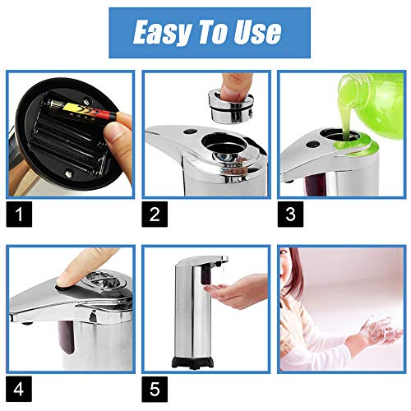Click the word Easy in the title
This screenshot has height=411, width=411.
[161, 32]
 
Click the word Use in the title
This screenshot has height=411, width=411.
[257, 32]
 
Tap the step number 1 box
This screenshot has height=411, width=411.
[19, 214]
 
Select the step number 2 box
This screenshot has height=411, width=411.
[155, 214]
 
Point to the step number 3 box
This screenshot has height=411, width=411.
[290, 214]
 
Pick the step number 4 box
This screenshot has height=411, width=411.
[19, 389]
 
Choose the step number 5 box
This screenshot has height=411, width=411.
[155, 389]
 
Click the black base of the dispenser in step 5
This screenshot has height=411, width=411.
[192, 363]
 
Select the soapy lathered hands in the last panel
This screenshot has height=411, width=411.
[381, 331]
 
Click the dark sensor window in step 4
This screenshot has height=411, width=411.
[67, 337]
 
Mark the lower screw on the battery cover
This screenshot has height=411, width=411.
[68, 173]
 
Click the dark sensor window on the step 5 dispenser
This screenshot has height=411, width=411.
[206, 274]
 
